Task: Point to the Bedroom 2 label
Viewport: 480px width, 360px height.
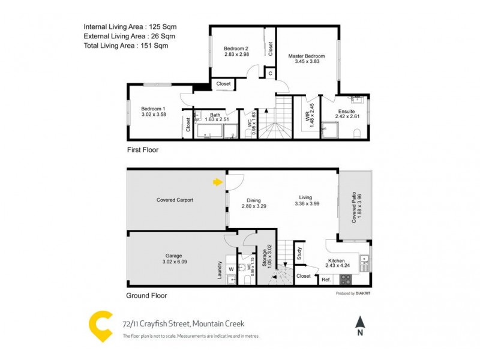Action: [x=236, y=48]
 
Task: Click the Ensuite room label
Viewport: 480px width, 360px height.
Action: [x=347, y=112]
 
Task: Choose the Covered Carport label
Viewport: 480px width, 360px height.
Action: [x=175, y=200]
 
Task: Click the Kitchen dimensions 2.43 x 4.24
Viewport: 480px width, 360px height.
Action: [x=335, y=268]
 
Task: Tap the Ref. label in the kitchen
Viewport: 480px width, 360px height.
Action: [x=326, y=280]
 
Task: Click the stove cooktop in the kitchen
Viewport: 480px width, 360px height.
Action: [x=345, y=279]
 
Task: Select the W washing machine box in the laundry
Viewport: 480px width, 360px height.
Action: [x=231, y=268]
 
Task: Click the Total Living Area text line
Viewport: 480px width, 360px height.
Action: [x=126, y=46]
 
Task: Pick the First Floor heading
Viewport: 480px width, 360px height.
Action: [x=143, y=150]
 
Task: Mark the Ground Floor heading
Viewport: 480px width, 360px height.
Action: [x=146, y=295]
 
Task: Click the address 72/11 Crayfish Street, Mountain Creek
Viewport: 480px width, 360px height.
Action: [x=183, y=323]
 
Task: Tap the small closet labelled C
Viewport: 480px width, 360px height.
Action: [x=271, y=74]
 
